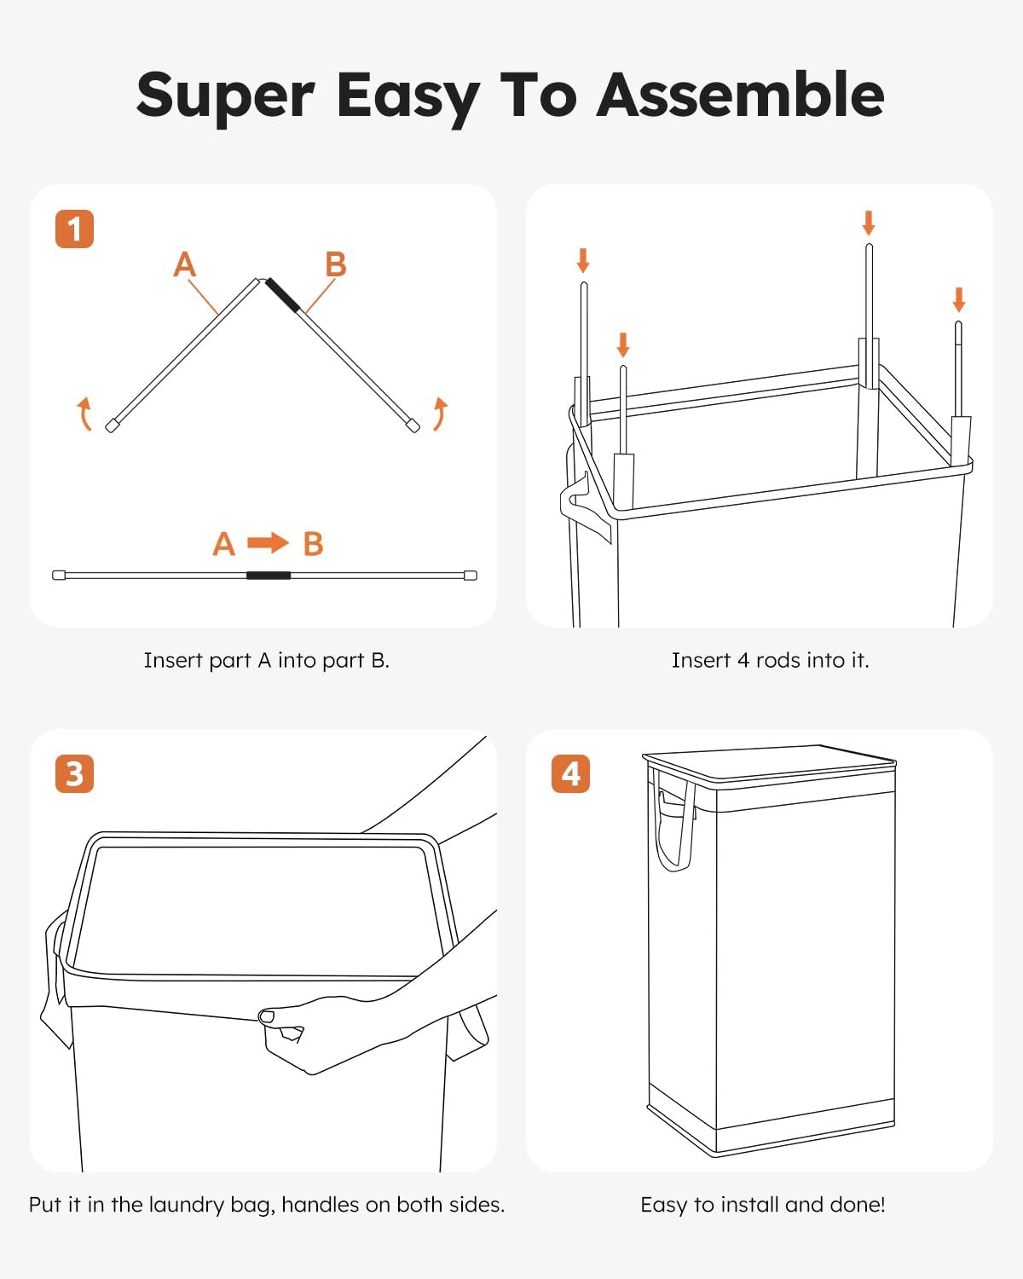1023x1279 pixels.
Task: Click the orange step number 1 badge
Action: click(74, 229)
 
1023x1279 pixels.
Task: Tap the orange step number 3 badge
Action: click(74, 774)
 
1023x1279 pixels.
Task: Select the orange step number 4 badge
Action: click(570, 774)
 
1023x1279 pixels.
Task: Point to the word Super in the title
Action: click(225, 98)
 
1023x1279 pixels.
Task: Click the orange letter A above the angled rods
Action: click(184, 263)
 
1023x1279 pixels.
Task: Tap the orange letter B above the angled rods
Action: click(335, 263)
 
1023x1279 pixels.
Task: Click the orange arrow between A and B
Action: click(268, 542)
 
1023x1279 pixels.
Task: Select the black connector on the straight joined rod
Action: click(269, 576)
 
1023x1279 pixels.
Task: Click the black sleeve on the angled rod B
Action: click(283, 295)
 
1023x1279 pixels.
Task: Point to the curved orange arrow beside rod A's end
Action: click(85, 414)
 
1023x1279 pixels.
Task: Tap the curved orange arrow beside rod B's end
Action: click(440, 414)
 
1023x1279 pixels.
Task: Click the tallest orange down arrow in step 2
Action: click(869, 223)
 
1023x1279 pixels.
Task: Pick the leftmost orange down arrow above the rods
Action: click(583, 260)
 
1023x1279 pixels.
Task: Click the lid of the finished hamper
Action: click(769, 765)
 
